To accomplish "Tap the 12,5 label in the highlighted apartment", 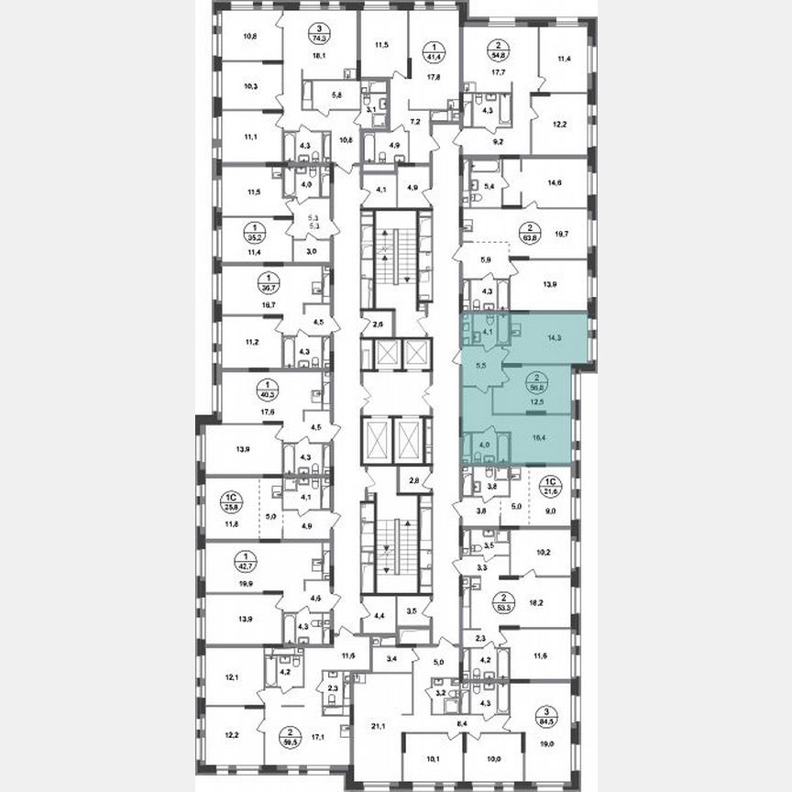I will click(x=534, y=400).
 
